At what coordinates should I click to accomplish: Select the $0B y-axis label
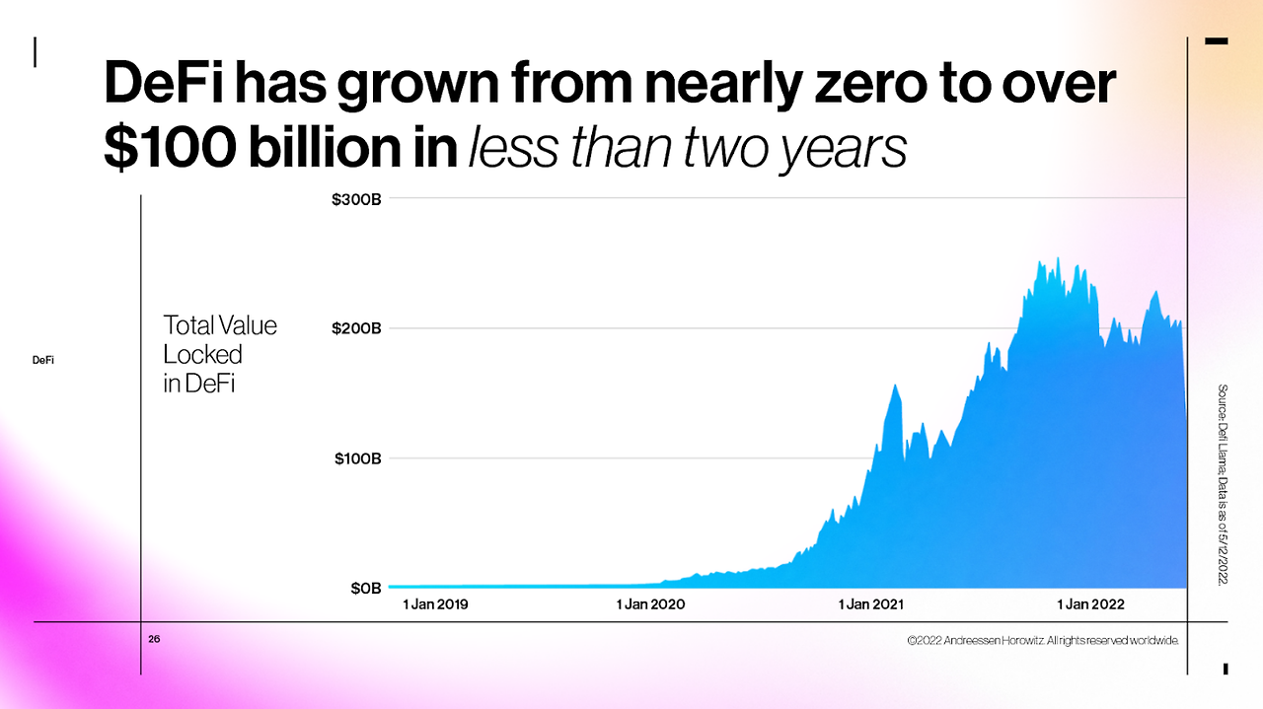365,589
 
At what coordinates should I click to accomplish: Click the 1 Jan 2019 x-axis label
435,604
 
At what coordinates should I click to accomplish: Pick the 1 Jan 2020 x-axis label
650,604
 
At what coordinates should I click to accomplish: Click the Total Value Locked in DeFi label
219,354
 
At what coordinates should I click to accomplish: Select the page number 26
154,640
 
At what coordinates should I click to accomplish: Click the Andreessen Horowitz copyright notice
1044,641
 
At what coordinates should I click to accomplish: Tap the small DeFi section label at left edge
42,361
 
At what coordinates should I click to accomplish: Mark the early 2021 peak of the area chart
896,386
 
